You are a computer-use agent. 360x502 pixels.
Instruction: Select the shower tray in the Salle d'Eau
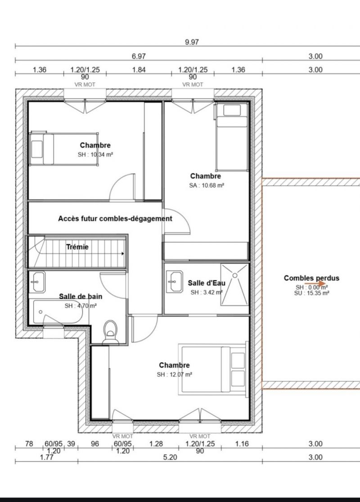(x=234, y=284)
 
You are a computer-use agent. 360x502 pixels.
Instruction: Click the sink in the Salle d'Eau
(x=175, y=282)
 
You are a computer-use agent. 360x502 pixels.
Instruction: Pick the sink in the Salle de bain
(x=37, y=282)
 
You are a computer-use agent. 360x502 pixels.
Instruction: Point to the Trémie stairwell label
(x=77, y=247)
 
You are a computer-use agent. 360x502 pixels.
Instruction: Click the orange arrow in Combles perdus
(x=315, y=283)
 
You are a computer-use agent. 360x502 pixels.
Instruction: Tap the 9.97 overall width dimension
(x=192, y=42)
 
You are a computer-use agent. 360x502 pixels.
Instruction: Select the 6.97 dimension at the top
(x=139, y=56)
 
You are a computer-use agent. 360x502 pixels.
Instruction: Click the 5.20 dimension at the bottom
(x=170, y=457)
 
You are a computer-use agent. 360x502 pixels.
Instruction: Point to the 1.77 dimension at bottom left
(x=47, y=457)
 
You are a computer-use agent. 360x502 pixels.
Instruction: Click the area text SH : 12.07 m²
(x=174, y=375)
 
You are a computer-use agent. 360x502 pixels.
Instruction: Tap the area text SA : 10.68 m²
(x=206, y=185)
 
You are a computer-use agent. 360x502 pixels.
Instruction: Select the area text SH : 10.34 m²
(x=95, y=155)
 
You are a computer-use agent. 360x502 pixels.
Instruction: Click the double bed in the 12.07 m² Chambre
(x=213, y=368)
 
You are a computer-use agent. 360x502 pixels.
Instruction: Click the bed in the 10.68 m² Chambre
(x=232, y=137)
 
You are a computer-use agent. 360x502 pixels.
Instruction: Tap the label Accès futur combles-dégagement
(x=115, y=219)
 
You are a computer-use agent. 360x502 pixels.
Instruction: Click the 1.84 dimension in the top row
(x=139, y=69)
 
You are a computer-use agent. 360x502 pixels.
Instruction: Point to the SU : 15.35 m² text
(x=311, y=293)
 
